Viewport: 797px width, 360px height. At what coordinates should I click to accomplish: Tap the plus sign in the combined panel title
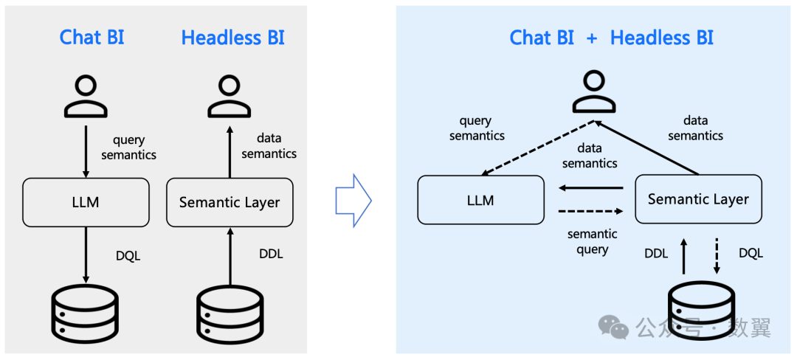(592, 38)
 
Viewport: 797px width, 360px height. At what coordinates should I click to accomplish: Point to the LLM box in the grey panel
(86, 202)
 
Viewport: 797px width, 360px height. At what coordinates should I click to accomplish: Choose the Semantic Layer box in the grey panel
(230, 202)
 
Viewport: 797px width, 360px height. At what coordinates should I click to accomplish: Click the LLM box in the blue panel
(481, 199)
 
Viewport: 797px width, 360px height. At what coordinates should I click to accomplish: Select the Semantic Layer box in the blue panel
(698, 199)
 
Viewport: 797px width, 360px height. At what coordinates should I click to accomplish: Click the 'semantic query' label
(592, 242)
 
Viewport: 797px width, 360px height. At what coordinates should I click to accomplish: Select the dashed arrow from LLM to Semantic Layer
(590, 210)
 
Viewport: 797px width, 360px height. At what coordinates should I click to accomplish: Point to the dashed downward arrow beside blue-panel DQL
(717, 256)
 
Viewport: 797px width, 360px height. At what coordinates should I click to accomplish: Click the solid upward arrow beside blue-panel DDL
(683, 256)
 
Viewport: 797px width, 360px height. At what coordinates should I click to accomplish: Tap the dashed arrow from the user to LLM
(538, 149)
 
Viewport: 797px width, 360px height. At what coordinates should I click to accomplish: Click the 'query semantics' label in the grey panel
(129, 148)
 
